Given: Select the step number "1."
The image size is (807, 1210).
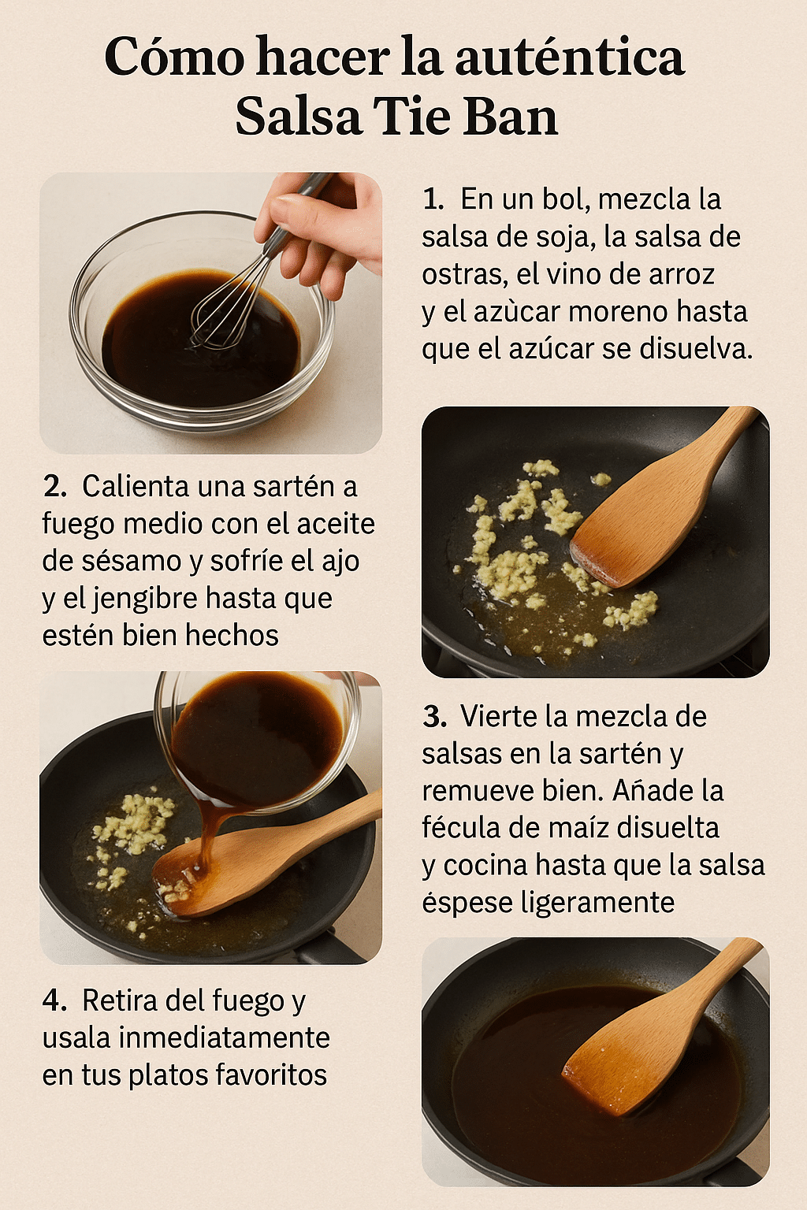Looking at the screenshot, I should pos(433,199).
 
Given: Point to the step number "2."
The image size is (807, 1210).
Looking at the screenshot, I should pos(54,487).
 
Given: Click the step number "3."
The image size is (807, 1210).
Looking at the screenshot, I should pos(434,717).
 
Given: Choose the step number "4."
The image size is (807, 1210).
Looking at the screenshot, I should pos(54,1000).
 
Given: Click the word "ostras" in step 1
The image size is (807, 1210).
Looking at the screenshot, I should pos(463,274).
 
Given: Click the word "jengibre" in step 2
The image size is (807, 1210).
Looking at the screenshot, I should pos(147,599).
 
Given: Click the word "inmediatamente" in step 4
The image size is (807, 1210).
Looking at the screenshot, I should pos(225,1037).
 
